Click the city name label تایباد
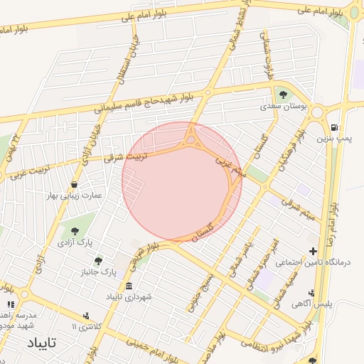coord(41,343)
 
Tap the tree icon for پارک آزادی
coord(74,230)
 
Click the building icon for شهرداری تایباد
coord(129,287)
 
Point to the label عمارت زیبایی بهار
coord(75,194)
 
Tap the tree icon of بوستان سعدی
coord(284,93)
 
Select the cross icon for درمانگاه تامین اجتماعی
coord(313,250)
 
